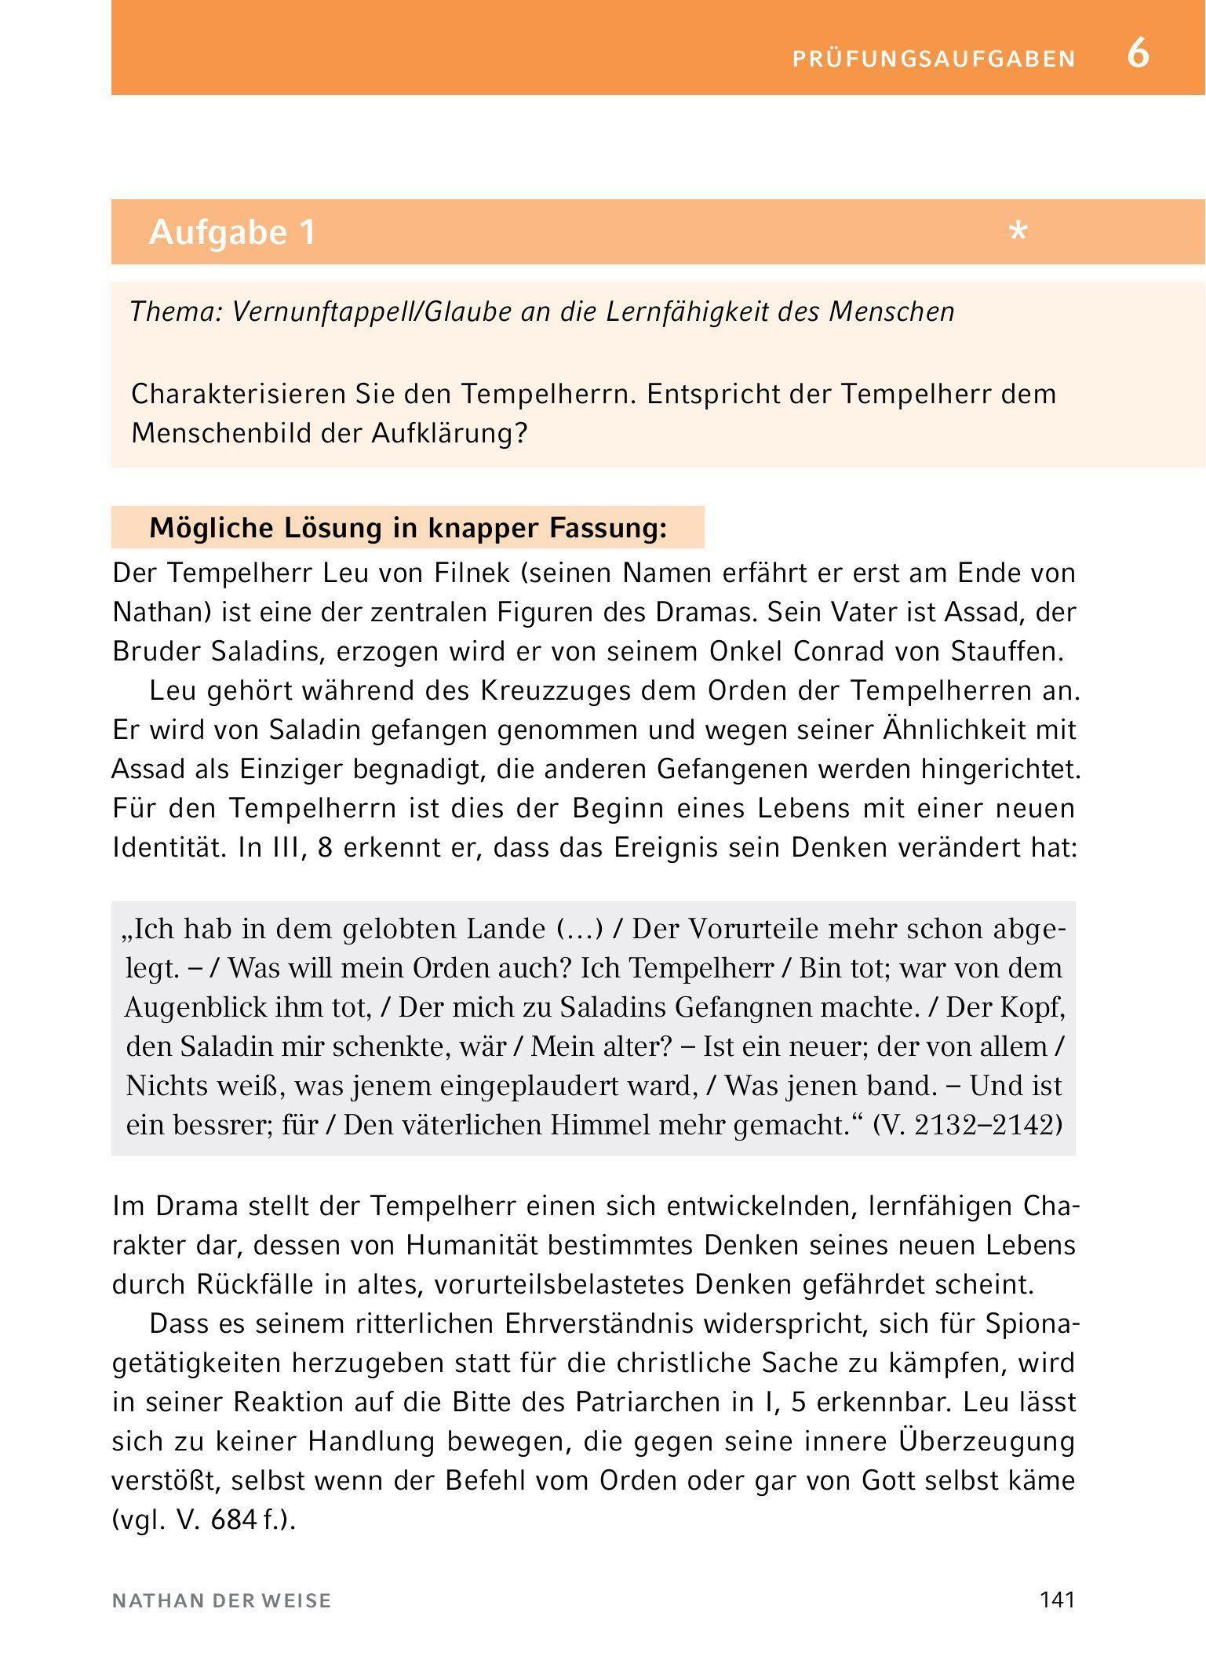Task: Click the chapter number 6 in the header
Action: (x=1138, y=55)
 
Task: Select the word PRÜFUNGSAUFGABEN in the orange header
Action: (x=935, y=59)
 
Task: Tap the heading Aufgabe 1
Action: (x=232, y=232)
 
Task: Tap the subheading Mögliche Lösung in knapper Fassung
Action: (x=407, y=528)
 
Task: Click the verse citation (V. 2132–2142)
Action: (x=967, y=1125)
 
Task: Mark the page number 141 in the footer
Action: (x=1056, y=1601)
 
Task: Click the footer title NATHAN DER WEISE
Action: (x=222, y=1602)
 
